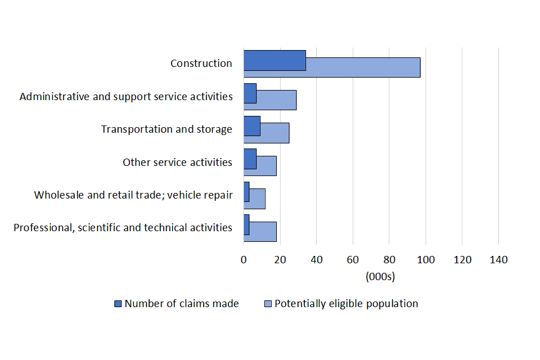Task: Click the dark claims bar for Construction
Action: pyautogui.click(x=274, y=60)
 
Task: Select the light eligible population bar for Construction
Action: pyautogui.click(x=363, y=67)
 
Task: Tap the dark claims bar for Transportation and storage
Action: pyautogui.click(x=252, y=126)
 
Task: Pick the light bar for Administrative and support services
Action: pyautogui.click(x=276, y=100)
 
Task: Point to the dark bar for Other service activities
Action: pyautogui.click(x=250, y=159)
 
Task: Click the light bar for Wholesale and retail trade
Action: pyautogui.click(x=257, y=199)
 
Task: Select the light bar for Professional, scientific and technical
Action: pyautogui.click(x=263, y=231)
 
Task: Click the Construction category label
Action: pyautogui.click(x=201, y=64)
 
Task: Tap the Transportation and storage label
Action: pyautogui.click(x=166, y=129)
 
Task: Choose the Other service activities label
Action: pyautogui.click(x=177, y=163)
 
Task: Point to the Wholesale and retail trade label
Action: pyautogui.click(x=133, y=195)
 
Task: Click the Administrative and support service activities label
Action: pyautogui.click(x=126, y=97)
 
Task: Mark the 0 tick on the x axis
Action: pyautogui.click(x=244, y=260)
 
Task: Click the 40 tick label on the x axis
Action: pyautogui.click(x=317, y=260)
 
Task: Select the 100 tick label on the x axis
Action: pyautogui.click(x=426, y=260)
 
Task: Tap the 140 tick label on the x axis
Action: pyautogui.click(x=499, y=260)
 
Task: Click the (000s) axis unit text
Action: pyautogui.click(x=380, y=276)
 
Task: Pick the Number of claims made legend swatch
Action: pyautogui.click(x=118, y=304)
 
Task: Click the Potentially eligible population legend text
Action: pyautogui.click(x=346, y=304)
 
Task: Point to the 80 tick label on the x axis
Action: pyautogui.click(x=389, y=260)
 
